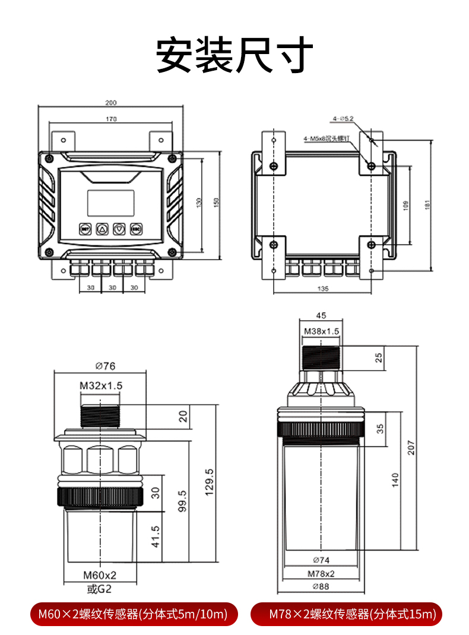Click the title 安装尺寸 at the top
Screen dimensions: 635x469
point(234,55)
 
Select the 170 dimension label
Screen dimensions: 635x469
point(111,119)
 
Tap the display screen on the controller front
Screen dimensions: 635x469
point(111,203)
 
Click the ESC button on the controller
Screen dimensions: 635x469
point(136,228)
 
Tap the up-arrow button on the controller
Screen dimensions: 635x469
point(102,228)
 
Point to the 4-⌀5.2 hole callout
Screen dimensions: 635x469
point(343,119)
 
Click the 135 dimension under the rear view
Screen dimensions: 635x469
point(324,289)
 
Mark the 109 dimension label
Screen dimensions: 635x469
point(405,206)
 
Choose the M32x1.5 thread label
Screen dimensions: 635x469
point(101,386)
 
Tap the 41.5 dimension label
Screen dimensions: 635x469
point(156,536)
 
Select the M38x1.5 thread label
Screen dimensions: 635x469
point(321,331)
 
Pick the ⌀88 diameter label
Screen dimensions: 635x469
point(321,587)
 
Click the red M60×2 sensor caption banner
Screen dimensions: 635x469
point(134,614)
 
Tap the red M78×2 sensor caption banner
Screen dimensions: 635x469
point(347,614)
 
